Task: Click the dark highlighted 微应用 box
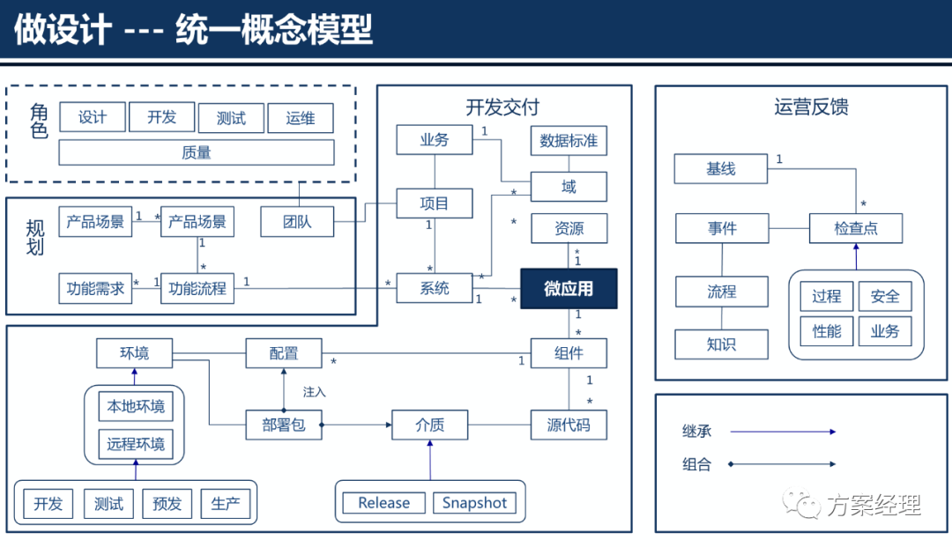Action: (x=569, y=289)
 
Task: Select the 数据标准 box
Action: (x=569, y=141)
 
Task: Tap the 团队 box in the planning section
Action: (x=298, y=222)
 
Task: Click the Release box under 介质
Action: (x=383, y=503)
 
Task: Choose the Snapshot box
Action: (x=474, y=503)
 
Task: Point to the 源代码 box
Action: (x=569, y=425)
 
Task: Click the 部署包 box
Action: (x=284, y=425)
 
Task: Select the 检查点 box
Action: (x=856, y=229)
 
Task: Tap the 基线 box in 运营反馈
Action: (x=720, y=169)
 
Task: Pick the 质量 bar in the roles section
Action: (x=197, y=152)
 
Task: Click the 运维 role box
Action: (x=301, y=118)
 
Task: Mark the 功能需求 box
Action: (x=96, y=288)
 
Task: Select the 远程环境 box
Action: (x=136, y=443)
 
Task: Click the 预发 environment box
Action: (x=167, y=504)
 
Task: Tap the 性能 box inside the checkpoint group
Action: (x=826, y=331)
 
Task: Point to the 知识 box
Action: (x=721, y=344)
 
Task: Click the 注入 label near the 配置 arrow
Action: (x=315, y=391)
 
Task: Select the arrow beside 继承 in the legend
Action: (x=783, y=432)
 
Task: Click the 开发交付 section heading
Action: (x=502, y=107)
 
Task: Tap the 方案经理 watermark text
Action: (x=873, y=505)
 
